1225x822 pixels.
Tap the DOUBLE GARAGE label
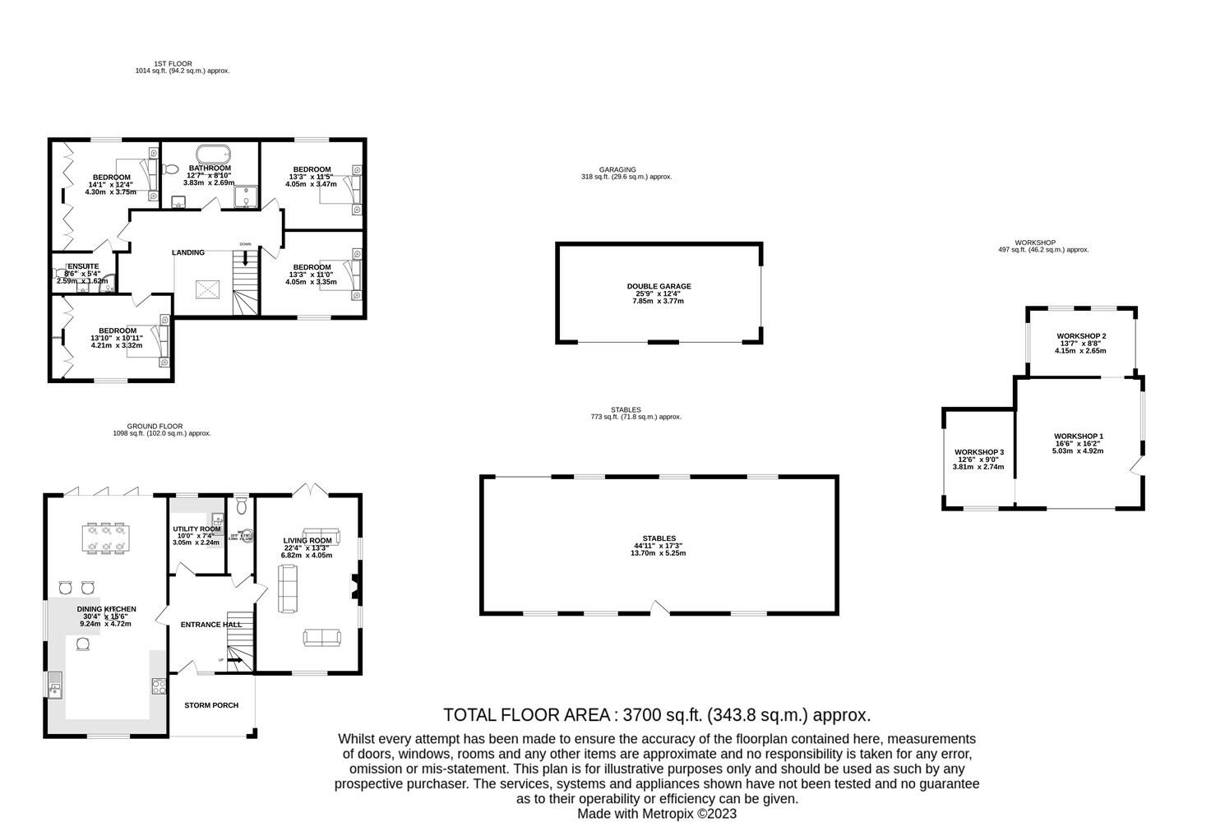click(x=659, y=287)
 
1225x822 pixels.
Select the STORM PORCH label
click(x=211, y=705)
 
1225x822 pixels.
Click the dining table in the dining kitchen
click(x=107, y=538)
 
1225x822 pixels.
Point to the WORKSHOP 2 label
click(x=1081, y=336)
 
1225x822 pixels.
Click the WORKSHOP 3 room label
click(x=979, y=453)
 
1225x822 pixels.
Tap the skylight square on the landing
click(x=207, y=289)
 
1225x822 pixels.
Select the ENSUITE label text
click(x=83, y=266)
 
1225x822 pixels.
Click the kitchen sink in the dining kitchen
click(x=55, y=683)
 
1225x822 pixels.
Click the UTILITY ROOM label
click(x=196, y=529)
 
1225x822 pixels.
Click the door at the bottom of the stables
click(x=659, y=608)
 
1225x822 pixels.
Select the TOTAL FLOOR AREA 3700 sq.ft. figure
click(x=656, y=715)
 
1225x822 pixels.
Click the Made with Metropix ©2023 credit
click(x=657, y=814)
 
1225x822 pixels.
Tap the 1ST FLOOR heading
click(x=173, y=63)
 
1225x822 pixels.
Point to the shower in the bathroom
click(x=245, y=197)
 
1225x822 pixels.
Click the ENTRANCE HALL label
click(x=211, y=625)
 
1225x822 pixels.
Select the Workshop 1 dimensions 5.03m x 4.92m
click(x=1079, y=450)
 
